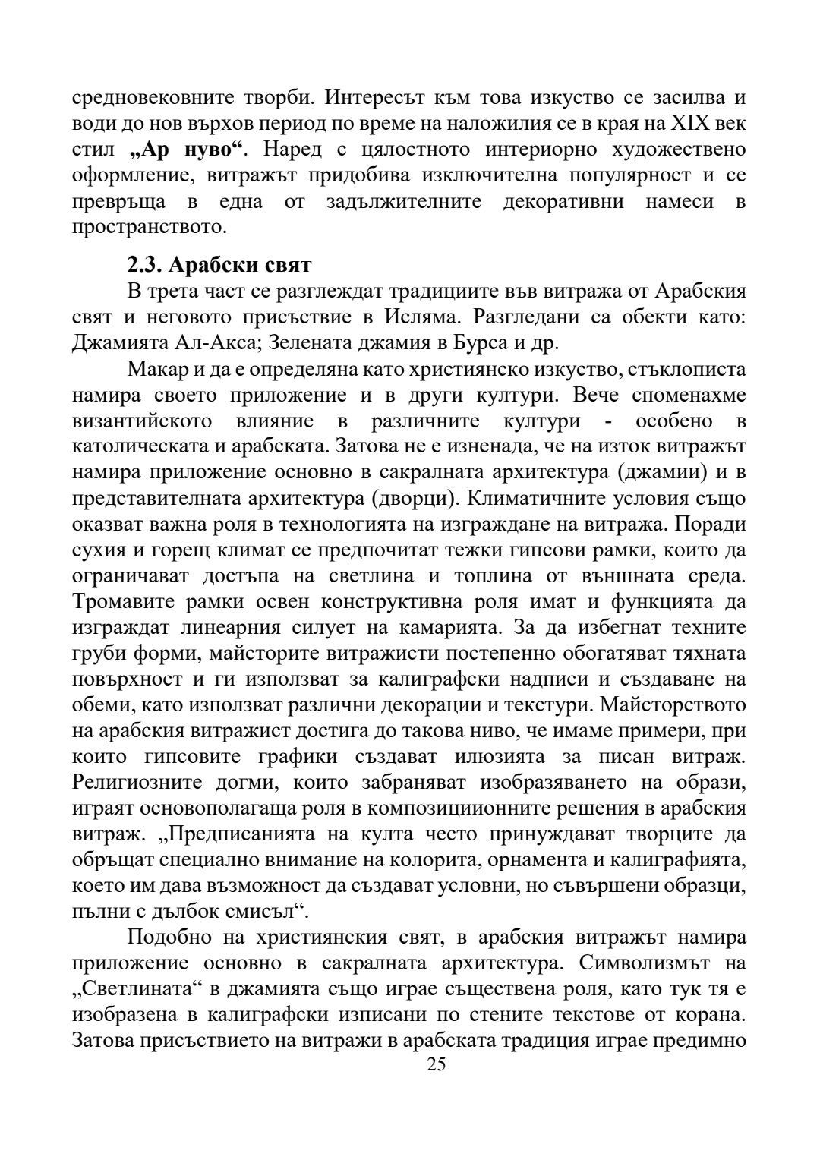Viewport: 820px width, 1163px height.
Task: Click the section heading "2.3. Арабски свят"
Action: click(x=219, y=266)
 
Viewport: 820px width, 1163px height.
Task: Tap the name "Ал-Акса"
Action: click(x=211, y=342)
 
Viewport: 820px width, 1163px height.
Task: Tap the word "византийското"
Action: click(x=142, y=421)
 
